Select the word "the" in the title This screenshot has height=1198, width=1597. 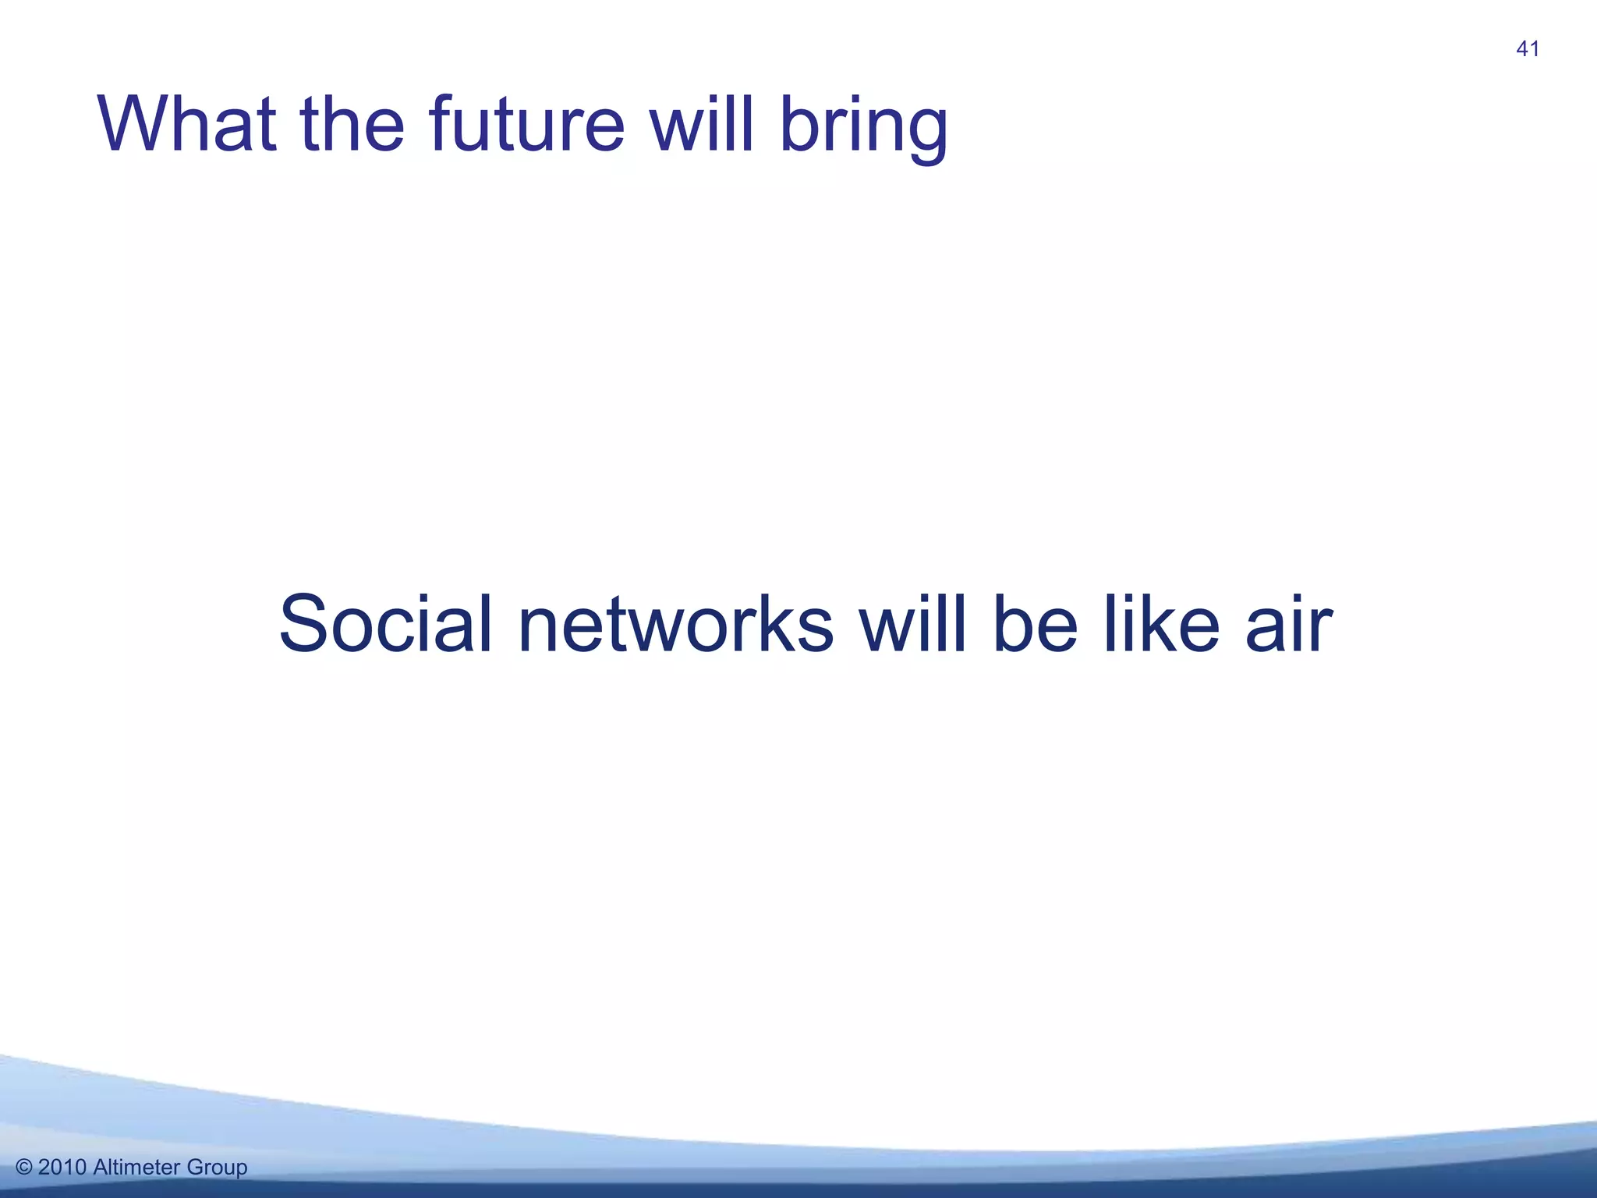coord(352,125)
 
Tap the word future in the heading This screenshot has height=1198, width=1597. coord(526,125)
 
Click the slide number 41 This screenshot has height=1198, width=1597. coord(1527,49)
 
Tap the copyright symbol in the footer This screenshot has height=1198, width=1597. coord(24,1168)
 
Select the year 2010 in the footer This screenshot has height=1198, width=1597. coord(62,1168)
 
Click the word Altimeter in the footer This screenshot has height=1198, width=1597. coord(137,1168)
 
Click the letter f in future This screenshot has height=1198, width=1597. coord(441,123)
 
